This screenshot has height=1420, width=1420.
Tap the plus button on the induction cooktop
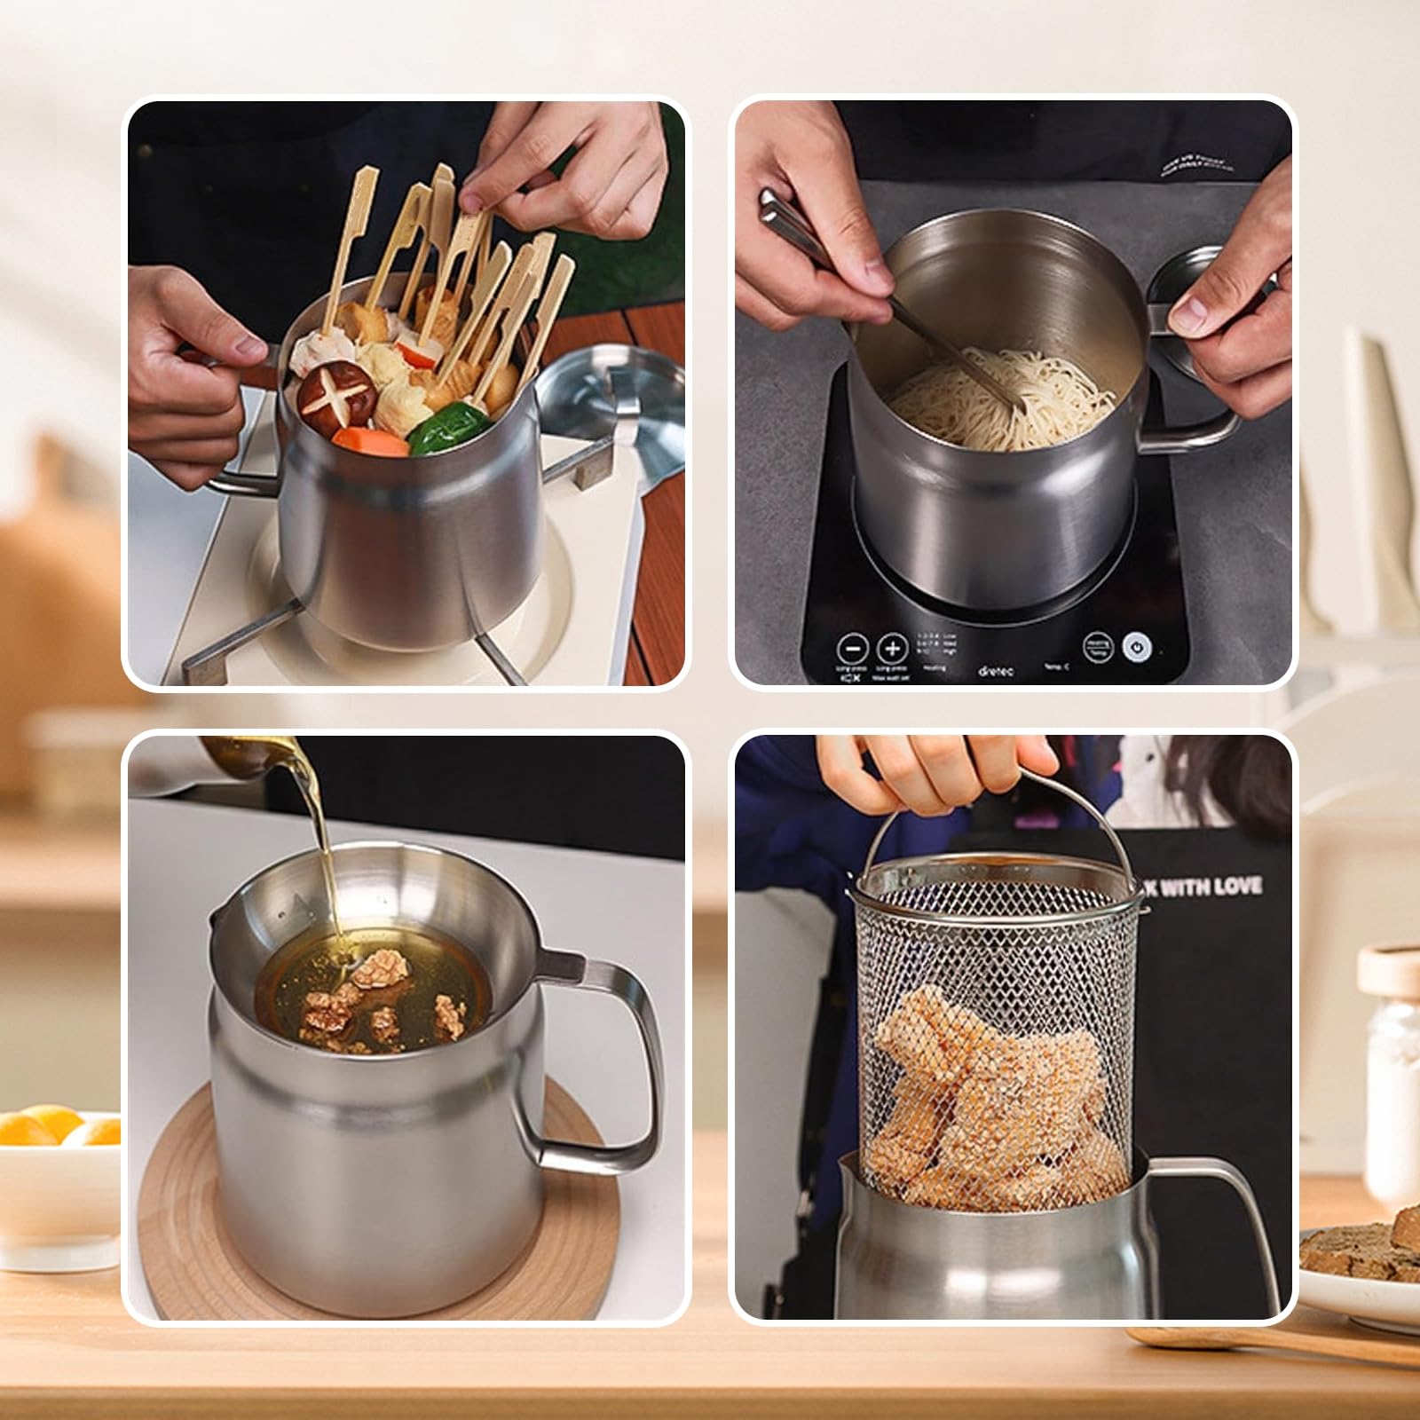tap(893, 649)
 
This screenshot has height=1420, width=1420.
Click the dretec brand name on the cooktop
tap(995, 672)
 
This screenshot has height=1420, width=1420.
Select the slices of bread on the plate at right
tap(1358, 1242)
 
